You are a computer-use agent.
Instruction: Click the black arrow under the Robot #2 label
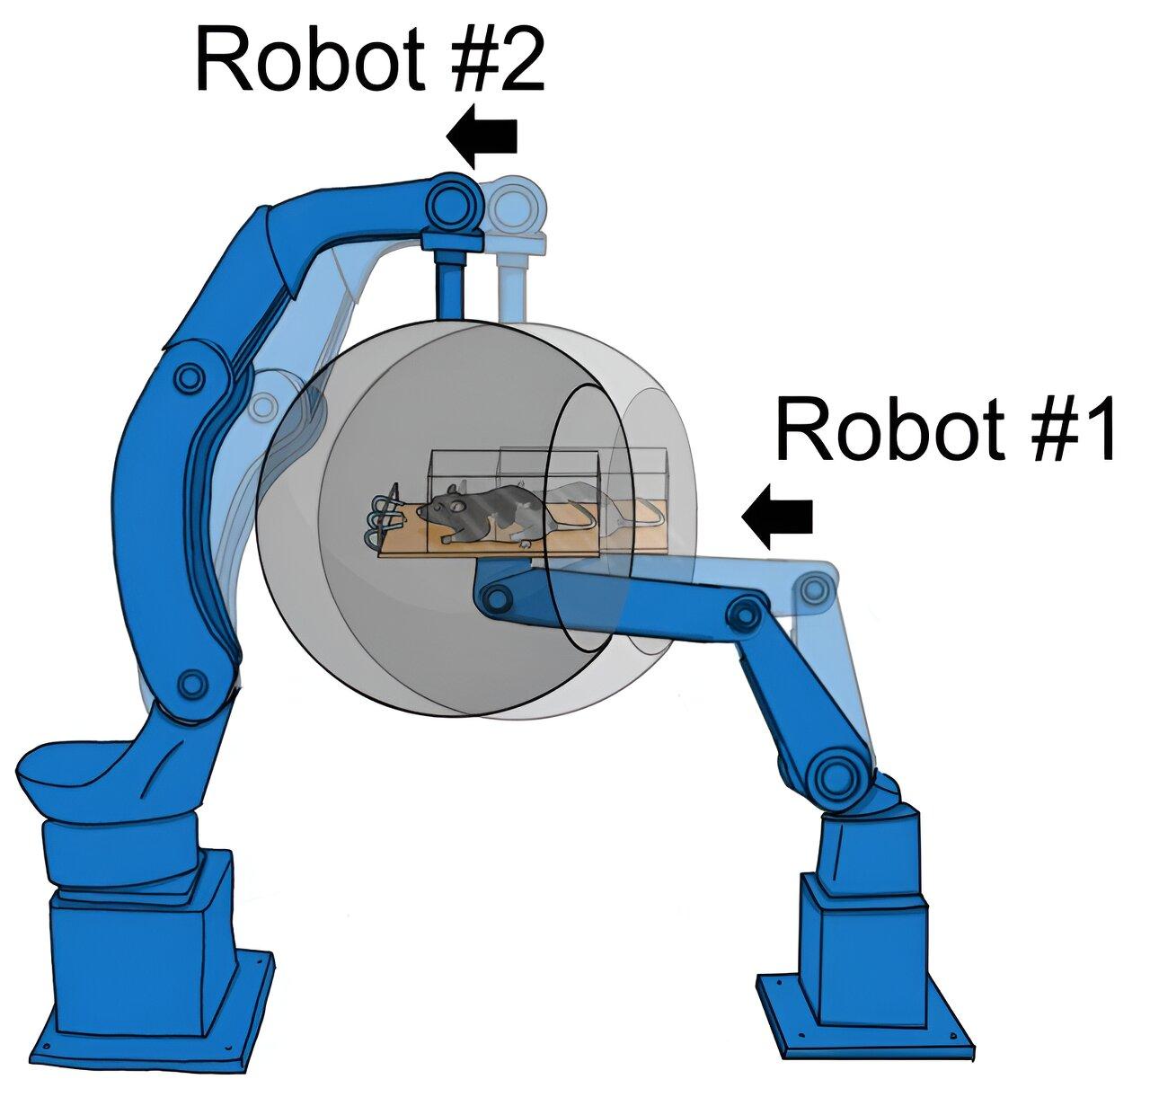coord(481,137)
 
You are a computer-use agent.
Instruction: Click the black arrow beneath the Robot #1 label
coord(777,516)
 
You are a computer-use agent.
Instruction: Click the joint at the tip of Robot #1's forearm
coord(496,597)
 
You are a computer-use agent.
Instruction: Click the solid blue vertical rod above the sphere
coord(452,284)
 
